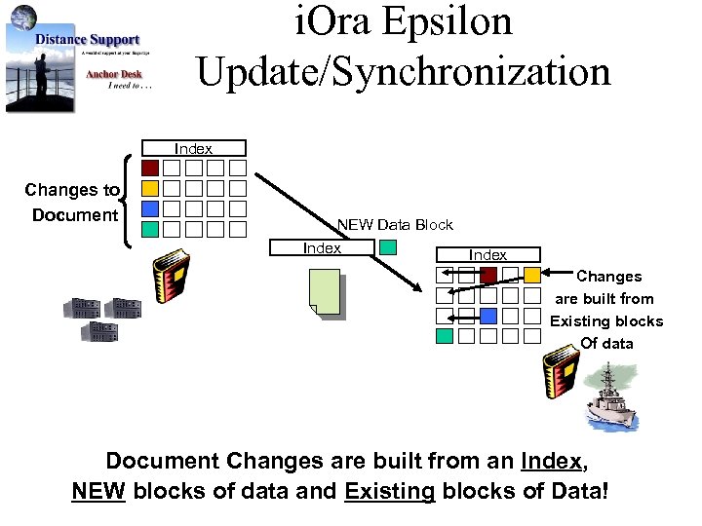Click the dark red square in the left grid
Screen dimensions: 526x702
[149, 168]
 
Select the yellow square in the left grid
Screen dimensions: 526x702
[149, 188]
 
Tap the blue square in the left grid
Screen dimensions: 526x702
[149, 208]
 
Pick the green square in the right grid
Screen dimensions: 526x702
[445, 336]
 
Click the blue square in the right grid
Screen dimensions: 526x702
[488, 316]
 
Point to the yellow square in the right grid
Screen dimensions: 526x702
[531, 275]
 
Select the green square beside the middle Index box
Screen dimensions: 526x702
[388, 247]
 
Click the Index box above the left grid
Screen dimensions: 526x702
[194, 148]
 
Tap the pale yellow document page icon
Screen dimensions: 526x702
[325, 292]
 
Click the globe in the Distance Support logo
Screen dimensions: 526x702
[24, 18]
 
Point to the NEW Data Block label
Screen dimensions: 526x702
[395, 224]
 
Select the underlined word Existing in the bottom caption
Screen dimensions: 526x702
[389, 490]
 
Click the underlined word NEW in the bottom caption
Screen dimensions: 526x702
[98, 490]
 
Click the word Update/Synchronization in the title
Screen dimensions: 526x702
[403, 71]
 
